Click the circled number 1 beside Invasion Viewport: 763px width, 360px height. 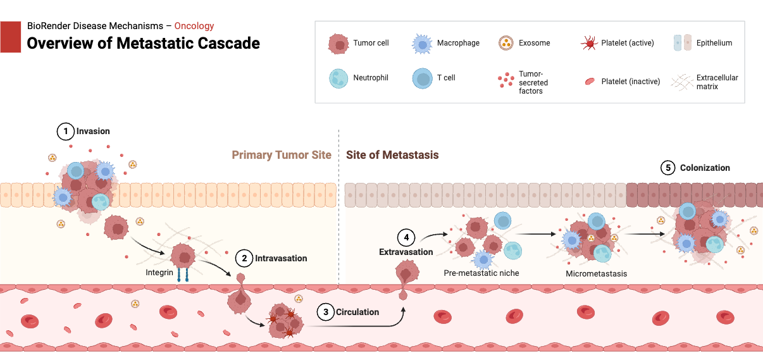[x=65, y=132]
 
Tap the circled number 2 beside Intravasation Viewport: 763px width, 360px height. [x=244, y=258]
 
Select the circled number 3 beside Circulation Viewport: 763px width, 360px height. [x=325, y=312]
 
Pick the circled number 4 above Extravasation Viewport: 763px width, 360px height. [x=406, y=238]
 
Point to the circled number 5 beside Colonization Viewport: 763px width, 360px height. [x=668, y=168]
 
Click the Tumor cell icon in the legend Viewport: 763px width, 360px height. [x=338, y=44]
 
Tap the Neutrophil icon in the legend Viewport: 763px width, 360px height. [x=338, y=78]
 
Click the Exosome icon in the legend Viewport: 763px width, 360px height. [x=505, y=43]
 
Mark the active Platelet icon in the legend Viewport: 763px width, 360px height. [x=588, y=43]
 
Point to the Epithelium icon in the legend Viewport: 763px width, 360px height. [x=683, y=43]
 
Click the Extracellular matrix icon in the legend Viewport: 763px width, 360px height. [x=683, y=81]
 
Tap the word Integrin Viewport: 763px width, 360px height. [x=160, y=273]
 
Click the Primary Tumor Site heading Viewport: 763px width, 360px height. [x=282, y=155]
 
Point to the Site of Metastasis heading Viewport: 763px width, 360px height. [x=392, y=155]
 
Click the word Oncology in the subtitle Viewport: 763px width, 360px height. [x=194, y=26]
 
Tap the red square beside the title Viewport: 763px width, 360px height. [x=11, y=37]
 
